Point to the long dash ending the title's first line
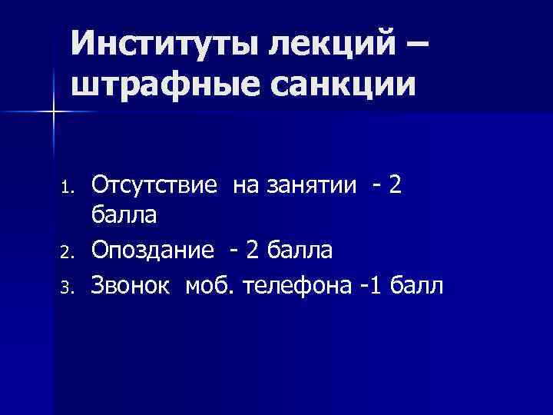click(x=416, y=45)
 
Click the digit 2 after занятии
click(x=395, y=184)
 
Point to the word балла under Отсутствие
click(x=124, y=216)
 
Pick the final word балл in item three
click(x=417, y=286)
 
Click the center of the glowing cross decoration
click(x=55, y=112)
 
